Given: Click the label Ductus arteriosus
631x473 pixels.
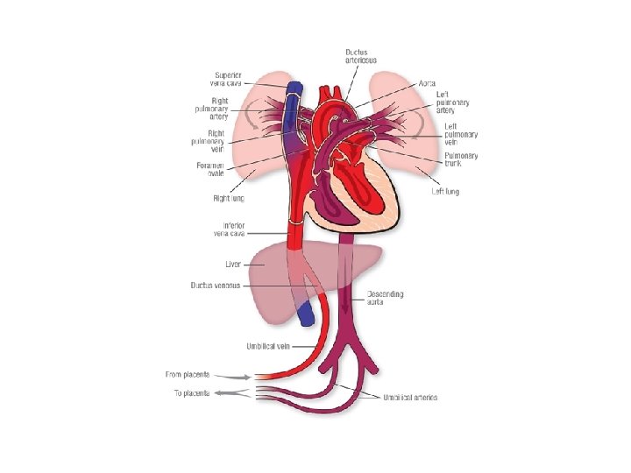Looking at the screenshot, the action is (x=360, y=54).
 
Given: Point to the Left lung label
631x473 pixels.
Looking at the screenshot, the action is (x=445, y=190).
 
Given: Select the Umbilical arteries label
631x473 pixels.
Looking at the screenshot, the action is (x=409, y=398).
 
